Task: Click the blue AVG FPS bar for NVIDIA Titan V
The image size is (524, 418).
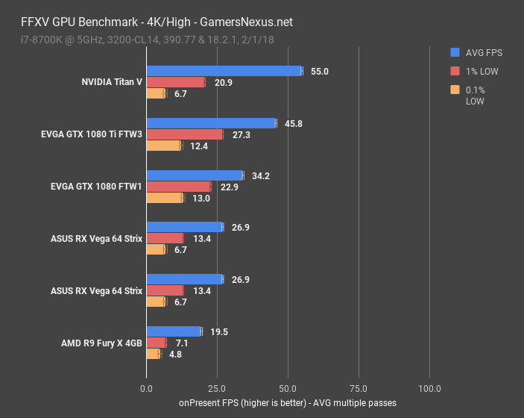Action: pyautogui.click(x=224, y=71)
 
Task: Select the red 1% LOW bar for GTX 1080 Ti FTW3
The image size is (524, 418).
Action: pyautogui.click(x=184, y=134)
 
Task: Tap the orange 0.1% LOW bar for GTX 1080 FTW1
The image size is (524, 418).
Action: pyautogui.click(x=164, y=198)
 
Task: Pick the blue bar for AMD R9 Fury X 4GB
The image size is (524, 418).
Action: pyautogui.click(x=174, y=331)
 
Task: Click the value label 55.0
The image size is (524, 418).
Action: pyautogui.click(x=320, y=72)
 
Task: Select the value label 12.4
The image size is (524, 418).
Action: pyautogui.click(x=199, y=146)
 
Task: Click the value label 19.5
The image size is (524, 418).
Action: pyautogui.click(x=219, y=331)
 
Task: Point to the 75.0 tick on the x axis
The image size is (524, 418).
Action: pyautogui.click(x=359, y=388)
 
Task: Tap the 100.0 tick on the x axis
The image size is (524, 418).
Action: pyautogui.click(x=429, y=388)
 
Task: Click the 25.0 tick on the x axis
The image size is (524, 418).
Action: pyautogui.click(x=217, y=388)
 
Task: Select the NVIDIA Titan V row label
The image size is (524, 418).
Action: pyautogui.click(x=112, y=82)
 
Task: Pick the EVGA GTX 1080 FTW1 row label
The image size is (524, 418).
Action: pyautogui.click(x=92, y=187)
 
